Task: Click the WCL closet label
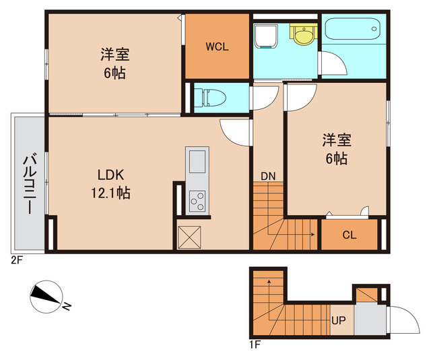[x=217, y=47]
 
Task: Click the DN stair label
[x=268, y=176]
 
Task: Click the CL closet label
[x=349, y=235]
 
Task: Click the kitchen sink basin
[x=198, y=162]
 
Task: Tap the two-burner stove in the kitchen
[x=198, y=200]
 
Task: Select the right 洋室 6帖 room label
[x=335, y=150]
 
